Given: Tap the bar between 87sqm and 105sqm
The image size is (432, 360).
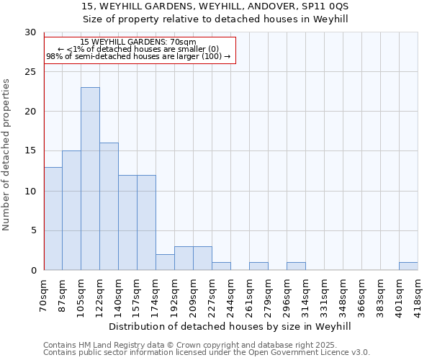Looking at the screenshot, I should coord(71,210).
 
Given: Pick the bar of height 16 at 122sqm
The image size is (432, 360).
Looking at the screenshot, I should coord(109,207).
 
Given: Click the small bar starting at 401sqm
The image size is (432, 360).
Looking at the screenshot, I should coord(408,266).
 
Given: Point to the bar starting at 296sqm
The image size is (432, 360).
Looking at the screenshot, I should coord(296,266).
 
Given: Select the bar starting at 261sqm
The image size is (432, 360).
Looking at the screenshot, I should coord(258,266).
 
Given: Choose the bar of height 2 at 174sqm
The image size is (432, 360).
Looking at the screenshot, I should coord(165,262).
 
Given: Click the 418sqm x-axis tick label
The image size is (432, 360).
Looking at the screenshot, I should coord(418,296).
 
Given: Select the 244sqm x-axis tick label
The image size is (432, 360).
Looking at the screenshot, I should coord(231,296).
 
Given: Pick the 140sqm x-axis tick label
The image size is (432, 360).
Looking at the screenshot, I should coord(119,296).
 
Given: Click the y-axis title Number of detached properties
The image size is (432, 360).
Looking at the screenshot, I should coord(7,155).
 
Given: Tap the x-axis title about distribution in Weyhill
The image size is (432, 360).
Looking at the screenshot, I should coord(230,326).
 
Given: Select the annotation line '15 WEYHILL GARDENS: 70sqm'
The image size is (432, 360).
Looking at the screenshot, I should coord(138,42).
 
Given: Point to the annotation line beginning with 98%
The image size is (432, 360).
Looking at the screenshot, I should coord(138,56).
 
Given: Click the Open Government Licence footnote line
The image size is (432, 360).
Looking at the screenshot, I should coord(207,352).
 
